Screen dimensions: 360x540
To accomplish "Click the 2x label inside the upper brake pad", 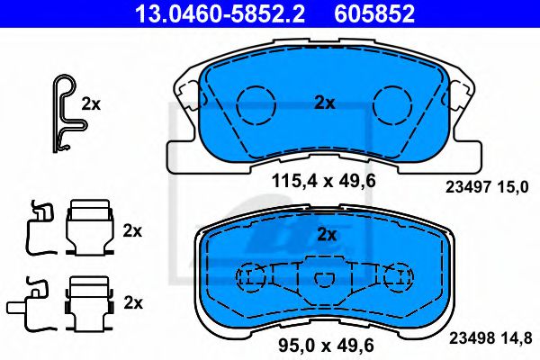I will click(324, 103).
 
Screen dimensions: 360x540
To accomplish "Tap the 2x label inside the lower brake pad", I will click(327, 236).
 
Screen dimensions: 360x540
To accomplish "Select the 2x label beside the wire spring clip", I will click(91, 103).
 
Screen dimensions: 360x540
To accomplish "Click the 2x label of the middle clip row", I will click(132, 230).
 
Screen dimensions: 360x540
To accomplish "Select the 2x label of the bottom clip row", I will click(132, 301).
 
